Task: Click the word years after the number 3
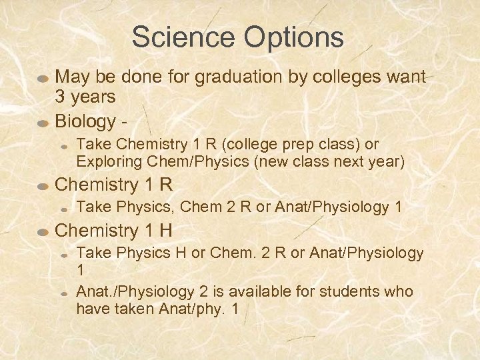93,97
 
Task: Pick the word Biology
85,121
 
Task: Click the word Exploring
104,161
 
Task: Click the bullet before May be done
42,77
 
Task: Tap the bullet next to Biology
42,122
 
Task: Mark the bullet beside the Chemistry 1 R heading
42,185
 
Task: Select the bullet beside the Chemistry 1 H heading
42,231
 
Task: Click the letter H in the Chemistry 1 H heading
165,231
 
